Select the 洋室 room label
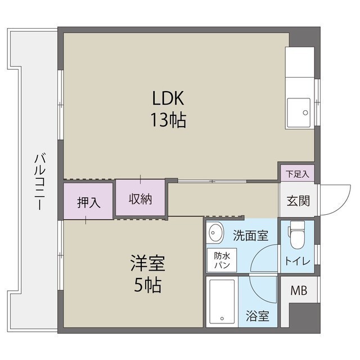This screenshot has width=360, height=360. pos(148,263)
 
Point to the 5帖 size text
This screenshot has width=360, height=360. pos(148,285)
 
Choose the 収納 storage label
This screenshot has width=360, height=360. pos(140,198)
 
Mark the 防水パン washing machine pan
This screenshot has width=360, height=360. pos(220,260)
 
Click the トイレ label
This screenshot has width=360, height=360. pos(296,260)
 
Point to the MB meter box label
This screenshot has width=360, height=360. pos(298,291)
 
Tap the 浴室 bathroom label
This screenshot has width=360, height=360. pos(258,317)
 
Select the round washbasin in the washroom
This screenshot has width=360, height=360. pos(214,232)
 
